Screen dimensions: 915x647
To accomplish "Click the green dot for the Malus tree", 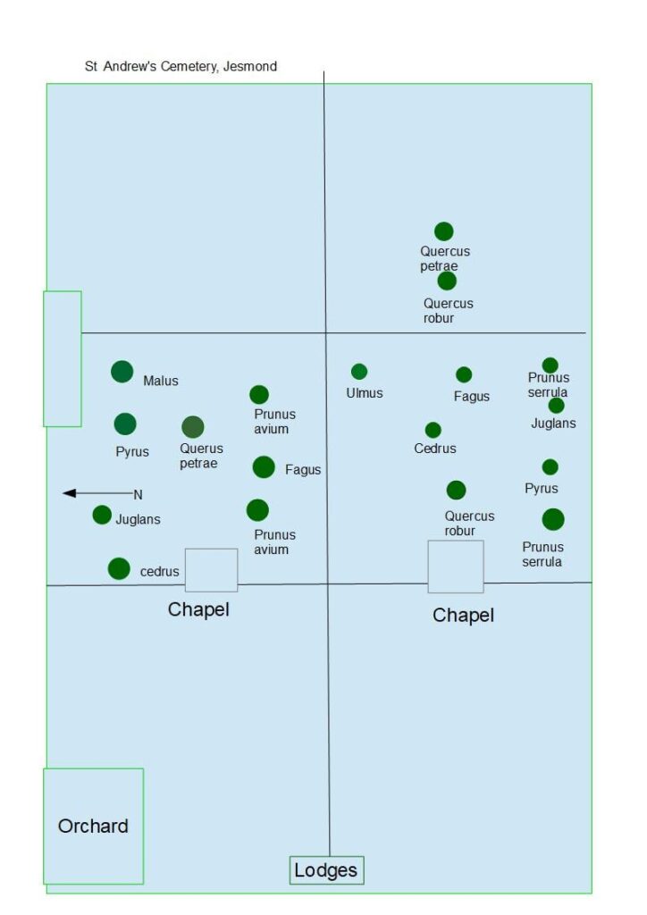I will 122,372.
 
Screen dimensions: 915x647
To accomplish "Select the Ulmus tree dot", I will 359,372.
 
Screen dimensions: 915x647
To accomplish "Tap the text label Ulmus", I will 365,393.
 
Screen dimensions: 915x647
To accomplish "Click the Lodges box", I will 326,870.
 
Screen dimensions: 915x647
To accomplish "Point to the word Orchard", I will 93,827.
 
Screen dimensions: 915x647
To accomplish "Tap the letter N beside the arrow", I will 138,494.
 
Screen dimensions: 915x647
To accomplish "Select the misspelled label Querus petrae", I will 201,456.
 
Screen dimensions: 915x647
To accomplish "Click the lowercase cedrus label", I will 160,572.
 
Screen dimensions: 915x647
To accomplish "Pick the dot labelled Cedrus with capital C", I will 433,430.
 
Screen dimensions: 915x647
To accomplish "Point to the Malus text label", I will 161,381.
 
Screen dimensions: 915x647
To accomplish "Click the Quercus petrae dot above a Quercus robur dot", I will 444,232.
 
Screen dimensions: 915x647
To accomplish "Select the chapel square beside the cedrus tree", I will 212,570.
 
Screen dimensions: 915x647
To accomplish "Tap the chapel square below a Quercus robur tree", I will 456,567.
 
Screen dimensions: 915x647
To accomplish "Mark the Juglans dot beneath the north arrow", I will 102,515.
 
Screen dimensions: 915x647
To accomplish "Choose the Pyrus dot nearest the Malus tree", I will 125,424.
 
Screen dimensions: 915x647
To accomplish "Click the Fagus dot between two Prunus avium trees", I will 264,467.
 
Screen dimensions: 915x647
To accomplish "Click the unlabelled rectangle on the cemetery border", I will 63,358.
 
